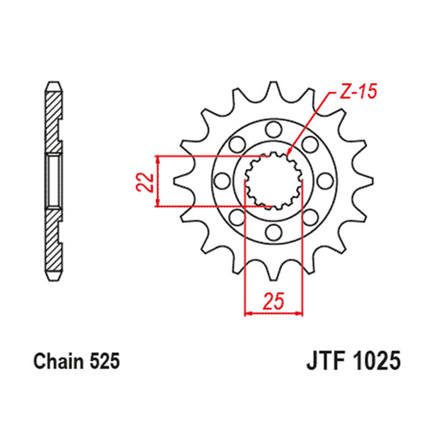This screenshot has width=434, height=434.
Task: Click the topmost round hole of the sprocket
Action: (272, 130)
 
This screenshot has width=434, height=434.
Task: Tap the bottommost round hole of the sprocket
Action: (272, 233)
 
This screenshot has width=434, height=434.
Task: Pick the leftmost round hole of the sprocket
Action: (220, 181)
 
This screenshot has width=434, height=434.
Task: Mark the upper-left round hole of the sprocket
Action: (235, 145)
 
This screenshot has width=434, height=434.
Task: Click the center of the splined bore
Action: (272, 181)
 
